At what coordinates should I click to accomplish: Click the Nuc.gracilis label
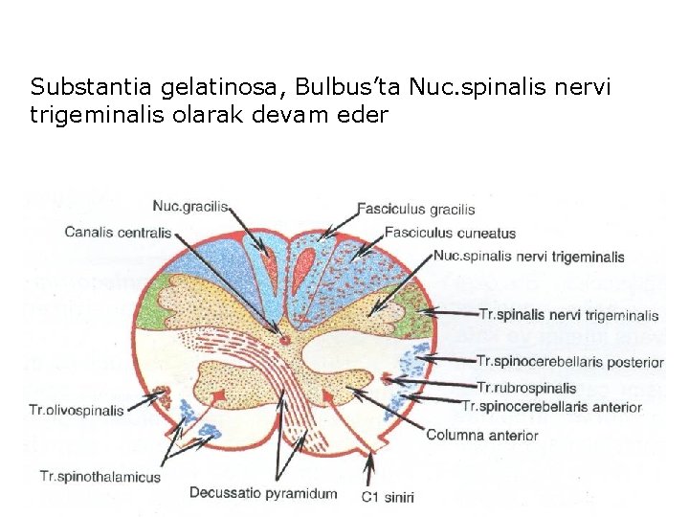point(190,207)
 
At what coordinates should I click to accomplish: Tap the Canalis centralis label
point(118,232)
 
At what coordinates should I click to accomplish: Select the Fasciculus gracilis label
point(415,209)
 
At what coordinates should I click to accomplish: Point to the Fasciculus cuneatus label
point(450,233)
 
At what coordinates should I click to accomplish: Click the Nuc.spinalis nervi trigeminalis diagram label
point(528,257)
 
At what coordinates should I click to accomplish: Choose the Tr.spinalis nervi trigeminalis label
point(567,315)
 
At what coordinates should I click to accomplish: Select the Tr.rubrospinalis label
point(526,388)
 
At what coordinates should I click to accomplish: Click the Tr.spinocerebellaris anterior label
point(551,407)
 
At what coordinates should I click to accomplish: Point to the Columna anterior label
point(481,436)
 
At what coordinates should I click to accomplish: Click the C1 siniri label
point(387,497)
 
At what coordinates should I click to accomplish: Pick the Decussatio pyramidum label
point(263,493)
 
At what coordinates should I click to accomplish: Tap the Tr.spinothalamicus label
point(100,476)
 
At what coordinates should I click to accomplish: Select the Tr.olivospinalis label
point(77,411)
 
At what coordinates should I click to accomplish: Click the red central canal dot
point(283,338)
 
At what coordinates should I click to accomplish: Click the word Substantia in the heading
point(80,87)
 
